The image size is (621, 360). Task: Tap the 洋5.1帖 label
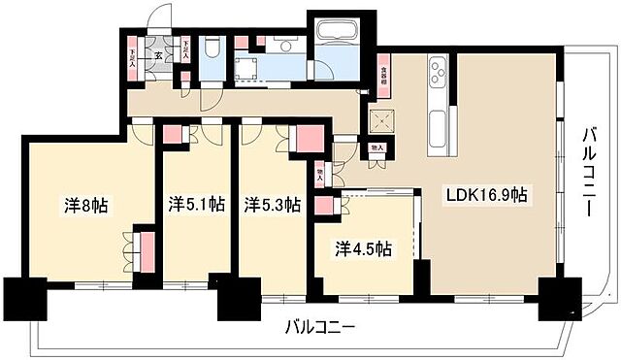point(197,205)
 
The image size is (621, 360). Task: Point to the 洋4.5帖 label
point(364,249)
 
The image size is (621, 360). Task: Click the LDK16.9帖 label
point(487,195)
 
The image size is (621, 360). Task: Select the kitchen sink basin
point(438,126)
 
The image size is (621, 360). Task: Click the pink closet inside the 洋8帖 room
point(145,250)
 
